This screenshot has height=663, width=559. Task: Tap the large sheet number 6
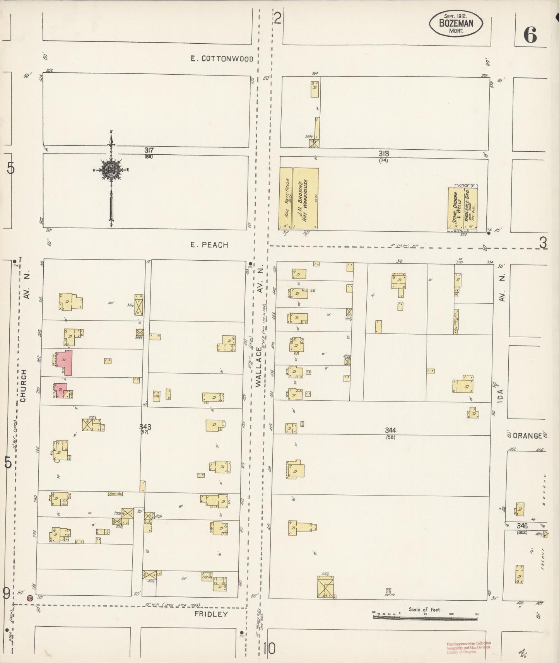pos(530,36)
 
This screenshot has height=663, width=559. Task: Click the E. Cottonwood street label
pos(222,59)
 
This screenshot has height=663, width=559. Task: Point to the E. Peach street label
pos(209,245)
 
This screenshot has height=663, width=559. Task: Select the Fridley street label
pos(211,614)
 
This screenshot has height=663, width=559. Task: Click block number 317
pos(148,150)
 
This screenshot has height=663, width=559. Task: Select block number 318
pos(383,154)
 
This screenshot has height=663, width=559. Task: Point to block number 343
pos(145,427)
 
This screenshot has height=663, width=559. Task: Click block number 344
pos(390,430)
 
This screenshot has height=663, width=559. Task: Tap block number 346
pos(522,526)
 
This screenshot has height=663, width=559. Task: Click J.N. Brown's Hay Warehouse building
pos(305,198)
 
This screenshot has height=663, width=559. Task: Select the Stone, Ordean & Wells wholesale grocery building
pos(462,209)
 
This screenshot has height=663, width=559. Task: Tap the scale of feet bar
pos(425,617)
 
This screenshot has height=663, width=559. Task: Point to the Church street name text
pos(24,386)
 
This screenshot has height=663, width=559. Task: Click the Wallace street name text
pos(259,366)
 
